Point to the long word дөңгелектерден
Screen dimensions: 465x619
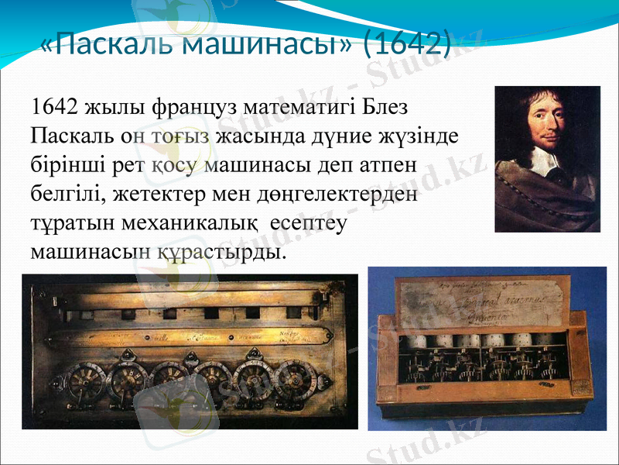(x=346, y=194)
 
